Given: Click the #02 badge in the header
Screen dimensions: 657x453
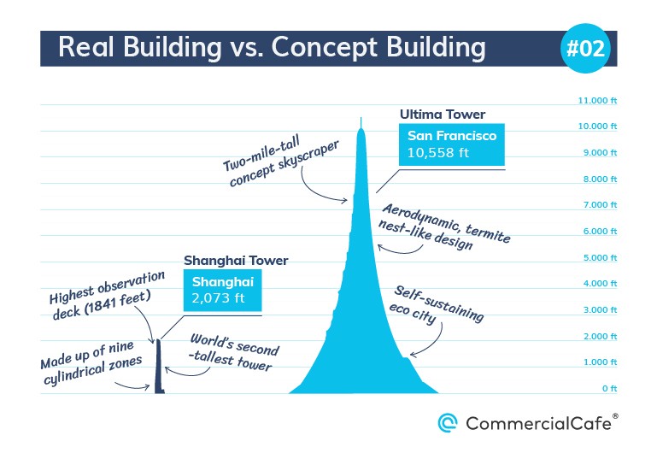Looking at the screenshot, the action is click(x=585, y=48).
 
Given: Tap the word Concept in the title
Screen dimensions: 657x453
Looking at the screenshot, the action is click(x=325, y=47).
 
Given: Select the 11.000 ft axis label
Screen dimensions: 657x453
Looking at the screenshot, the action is click(x=597, y=100).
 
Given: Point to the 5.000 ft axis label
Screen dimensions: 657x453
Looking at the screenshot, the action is click(x=600, y=257).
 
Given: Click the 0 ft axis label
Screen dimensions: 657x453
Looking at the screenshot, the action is click(x=610, y=388).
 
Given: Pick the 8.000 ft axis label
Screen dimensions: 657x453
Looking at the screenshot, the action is click(x=600, y=179).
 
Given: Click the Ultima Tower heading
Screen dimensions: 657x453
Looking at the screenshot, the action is click(x=443, y=115).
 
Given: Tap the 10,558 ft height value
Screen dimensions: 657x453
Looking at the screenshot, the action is click(x=438, y=152).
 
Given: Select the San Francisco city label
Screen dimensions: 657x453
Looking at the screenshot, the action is click(x=452, y=135).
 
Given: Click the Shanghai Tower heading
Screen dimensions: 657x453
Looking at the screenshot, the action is click(x=236, y=261).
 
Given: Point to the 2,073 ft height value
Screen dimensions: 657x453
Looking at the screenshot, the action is click(x=218, y=298).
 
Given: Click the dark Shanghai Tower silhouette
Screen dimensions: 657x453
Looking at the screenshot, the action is click(x=159, y=367).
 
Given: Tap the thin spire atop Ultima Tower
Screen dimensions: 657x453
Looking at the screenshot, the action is click(x=361, y=123).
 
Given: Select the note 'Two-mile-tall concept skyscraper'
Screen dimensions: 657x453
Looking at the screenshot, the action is click(x=280, y=162).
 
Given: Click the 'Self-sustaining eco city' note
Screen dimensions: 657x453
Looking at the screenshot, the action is click(x=437, y=304).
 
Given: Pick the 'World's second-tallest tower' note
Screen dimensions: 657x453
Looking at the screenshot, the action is click(x=233, y=352).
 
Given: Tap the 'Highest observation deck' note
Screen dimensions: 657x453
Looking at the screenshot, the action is click(x=107, y=295).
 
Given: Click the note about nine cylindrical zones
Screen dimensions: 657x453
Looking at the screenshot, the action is click(x=91, y=363).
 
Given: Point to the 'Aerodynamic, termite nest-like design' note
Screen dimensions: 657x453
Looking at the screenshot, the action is click(x=444, y=226).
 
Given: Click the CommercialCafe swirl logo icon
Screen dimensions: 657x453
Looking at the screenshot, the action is click(x=447, y=423).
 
